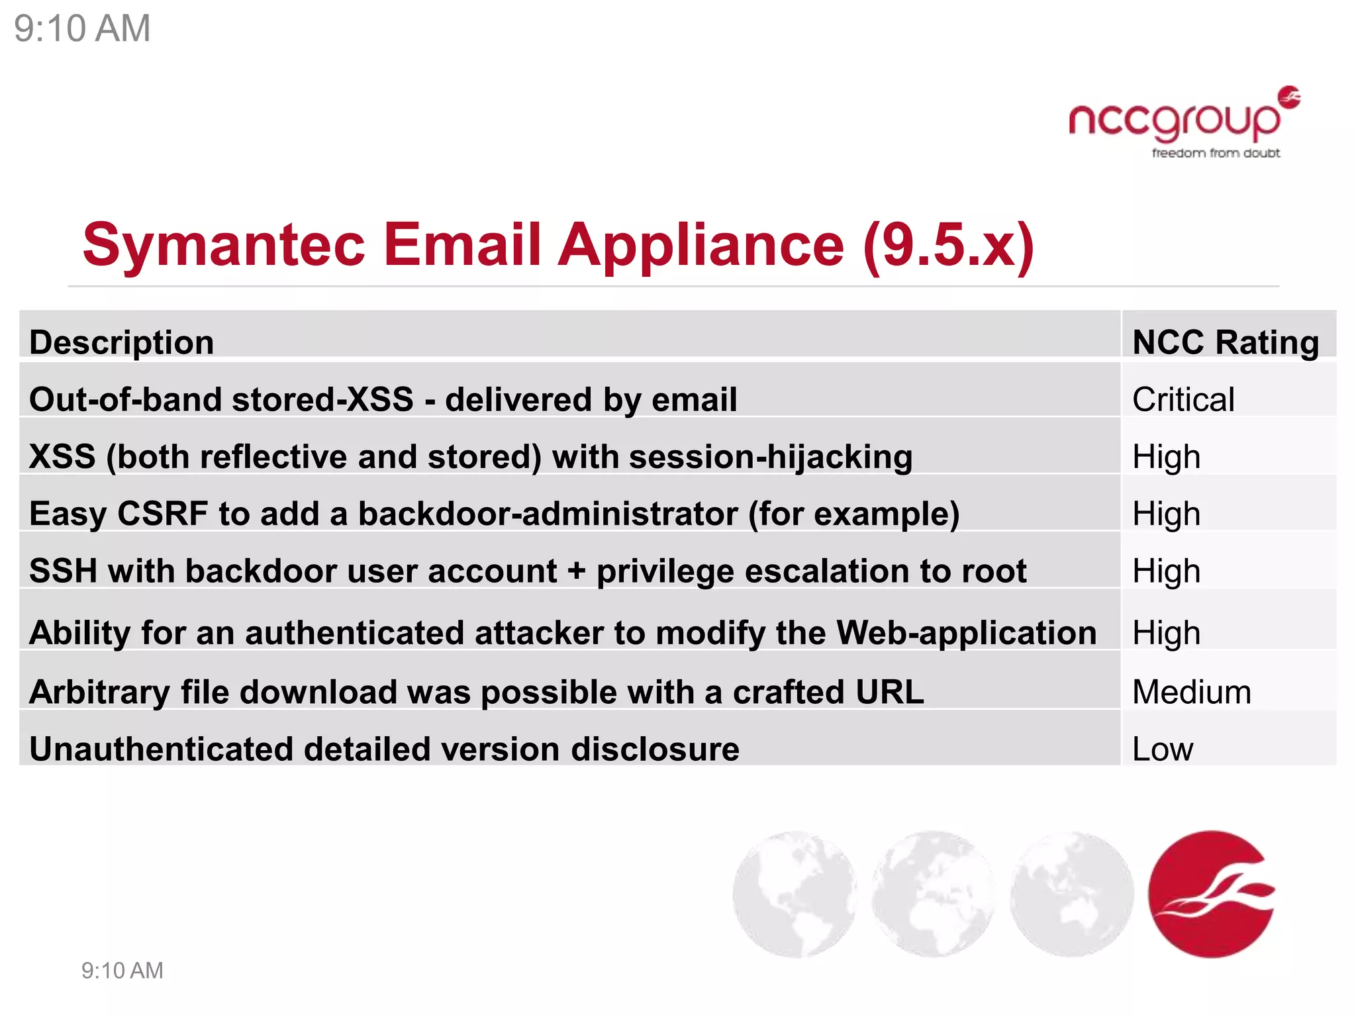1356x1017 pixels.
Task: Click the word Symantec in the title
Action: tap(224, 245)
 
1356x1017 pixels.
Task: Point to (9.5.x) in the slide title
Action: tap(948, 245)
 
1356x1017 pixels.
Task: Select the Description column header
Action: tap(122, 342)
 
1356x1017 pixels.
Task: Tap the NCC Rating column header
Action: tap(1226, 342)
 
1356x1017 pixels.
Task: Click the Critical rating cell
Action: tap(1183, 399)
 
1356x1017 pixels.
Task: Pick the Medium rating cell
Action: tap(1192, 692)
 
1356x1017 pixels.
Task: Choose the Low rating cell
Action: tap(1163, 749)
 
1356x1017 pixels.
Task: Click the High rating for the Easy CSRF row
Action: tap(1166, 514)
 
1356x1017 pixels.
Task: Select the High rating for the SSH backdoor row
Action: tap(1166, 571)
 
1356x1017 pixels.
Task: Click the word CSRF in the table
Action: tap(163, 514)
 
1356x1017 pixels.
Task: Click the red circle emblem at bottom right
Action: tap(1211, 894)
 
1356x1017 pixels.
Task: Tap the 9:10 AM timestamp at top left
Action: tap(82, 28)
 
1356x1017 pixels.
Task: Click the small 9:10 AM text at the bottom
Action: tap(122, 971)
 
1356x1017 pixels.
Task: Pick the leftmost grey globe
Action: tap(795, 894)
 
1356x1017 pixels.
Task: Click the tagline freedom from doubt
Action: tap(1216, 154)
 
